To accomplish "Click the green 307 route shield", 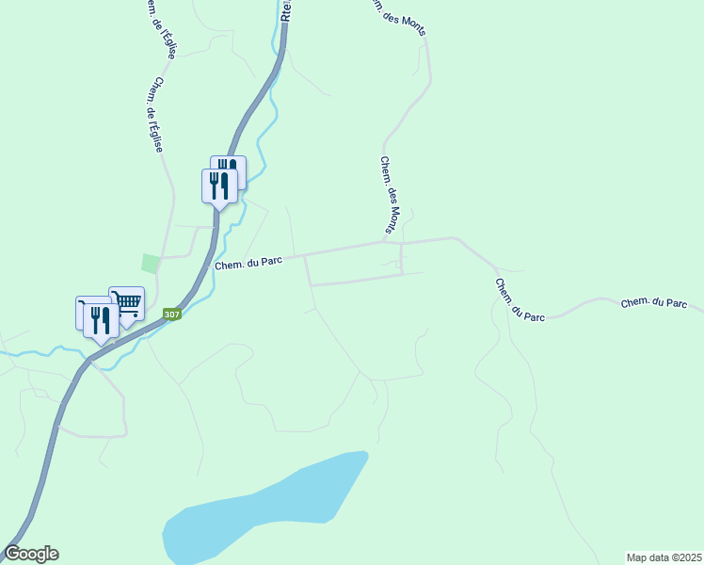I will (171, 315).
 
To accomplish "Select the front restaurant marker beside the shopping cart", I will (102, 320).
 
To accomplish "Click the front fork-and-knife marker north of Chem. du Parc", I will (218, 185).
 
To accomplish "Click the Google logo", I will (31, 554).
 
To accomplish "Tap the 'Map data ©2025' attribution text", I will (664, 557).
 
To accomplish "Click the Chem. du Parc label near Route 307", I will (249, 264).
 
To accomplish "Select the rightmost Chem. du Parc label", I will (654, 304).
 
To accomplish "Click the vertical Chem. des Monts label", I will (388, 195).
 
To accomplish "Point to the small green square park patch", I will (150, 264).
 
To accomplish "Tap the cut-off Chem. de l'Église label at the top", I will (158, 26).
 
